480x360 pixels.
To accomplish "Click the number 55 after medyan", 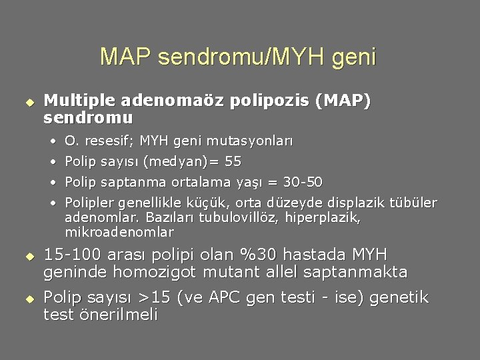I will tap(233, 161).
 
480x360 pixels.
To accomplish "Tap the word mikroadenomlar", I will tap(119, 232).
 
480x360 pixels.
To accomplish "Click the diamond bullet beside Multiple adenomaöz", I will tap(29, 102).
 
